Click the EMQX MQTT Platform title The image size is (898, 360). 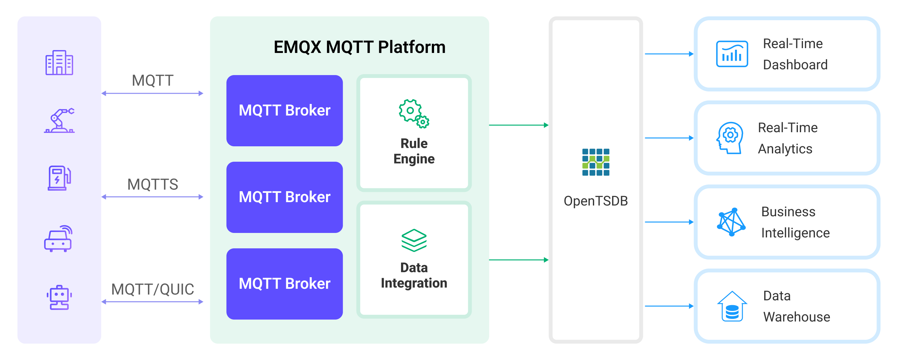[359, 47]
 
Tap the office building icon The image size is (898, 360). [59, 63]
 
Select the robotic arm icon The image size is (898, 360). [59, 121]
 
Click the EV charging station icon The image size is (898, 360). [59, 178]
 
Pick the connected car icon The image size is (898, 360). [58, 239]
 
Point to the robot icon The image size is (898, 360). [59, 297]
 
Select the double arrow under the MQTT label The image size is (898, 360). [152, 93]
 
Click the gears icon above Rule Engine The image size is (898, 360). [414, 114]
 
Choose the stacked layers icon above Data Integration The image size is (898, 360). [414, 240]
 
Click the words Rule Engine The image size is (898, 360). [414, 151]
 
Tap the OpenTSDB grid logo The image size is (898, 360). [595, 162]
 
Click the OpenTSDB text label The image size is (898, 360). [595, 201]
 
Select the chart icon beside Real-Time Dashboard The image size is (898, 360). [732, 54]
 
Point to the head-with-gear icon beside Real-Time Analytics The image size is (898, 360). [730, 138]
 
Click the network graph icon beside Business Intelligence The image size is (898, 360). [731, 222]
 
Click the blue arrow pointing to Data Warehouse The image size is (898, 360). [669, 306]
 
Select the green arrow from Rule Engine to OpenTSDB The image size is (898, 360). [518, 125]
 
